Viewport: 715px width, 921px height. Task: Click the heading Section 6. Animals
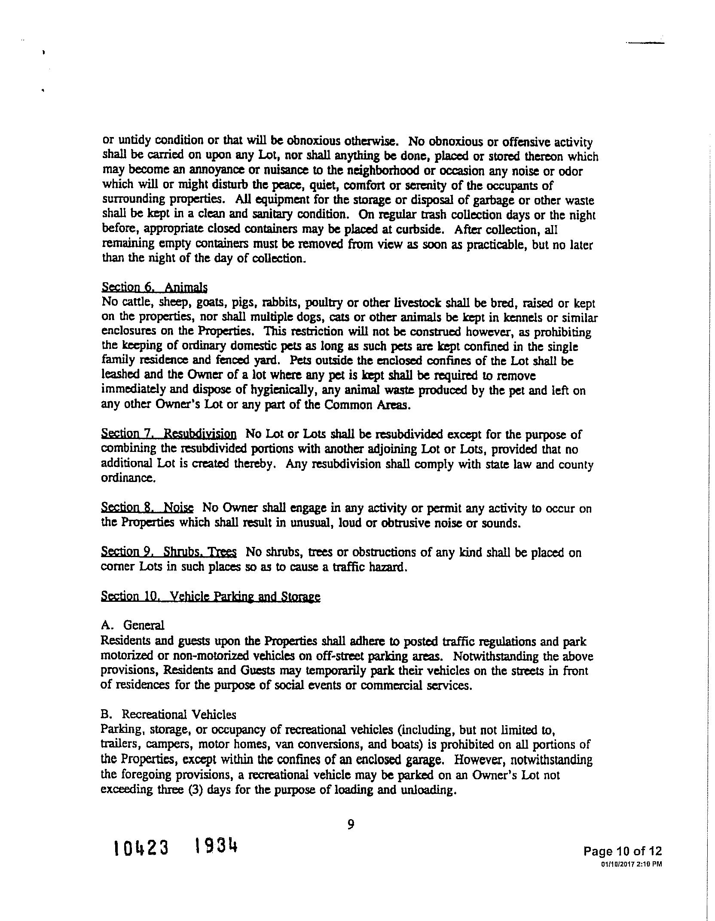(154, 287)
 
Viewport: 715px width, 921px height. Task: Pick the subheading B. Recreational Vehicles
(168, 714)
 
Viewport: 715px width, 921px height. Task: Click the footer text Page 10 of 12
(622, 851)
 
